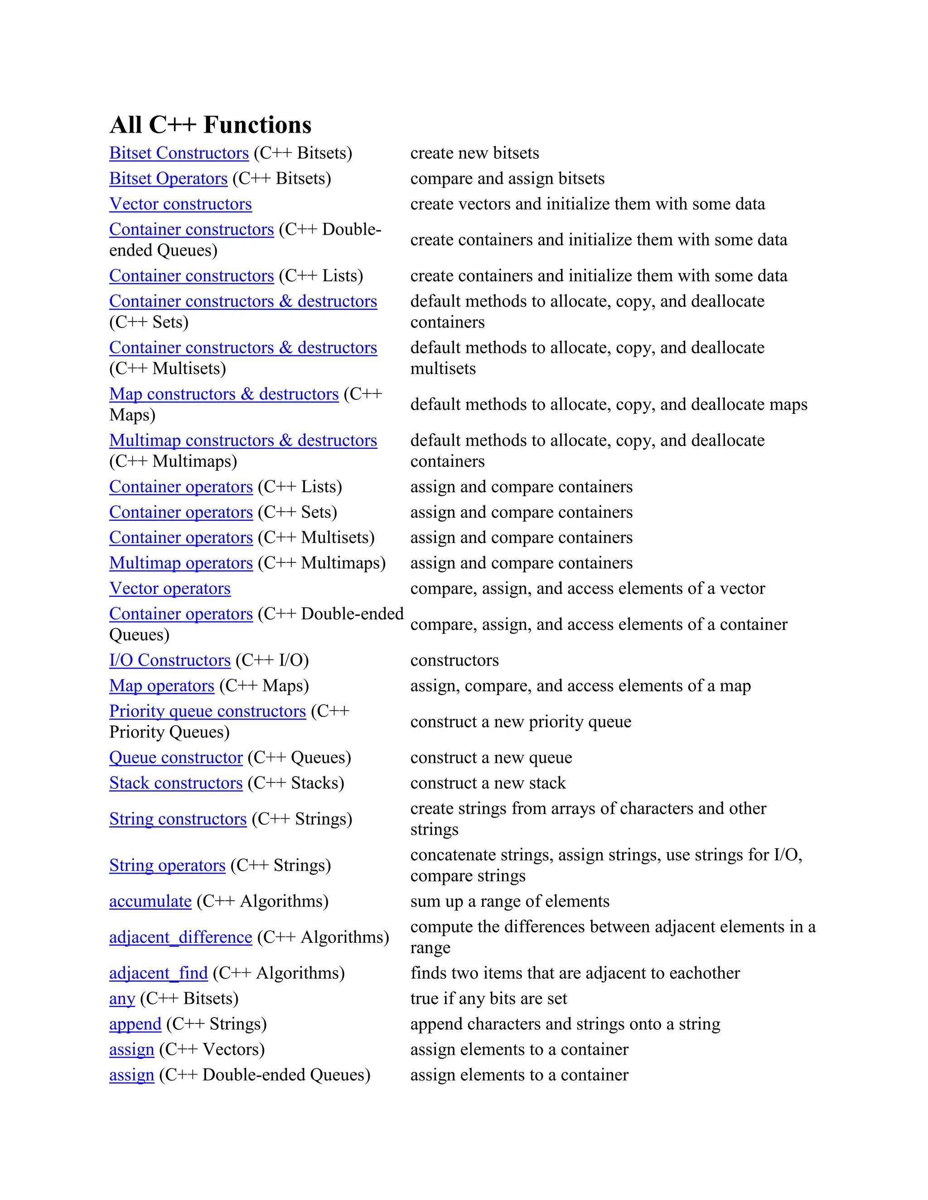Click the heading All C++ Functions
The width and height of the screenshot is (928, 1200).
click(211, 125)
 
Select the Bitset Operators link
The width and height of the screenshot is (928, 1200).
click(168, 178)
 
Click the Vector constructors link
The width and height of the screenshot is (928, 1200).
click(180, 204)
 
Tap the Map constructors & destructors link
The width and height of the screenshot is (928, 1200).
click(224, 394)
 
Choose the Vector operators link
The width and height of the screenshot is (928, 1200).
click(170, 589)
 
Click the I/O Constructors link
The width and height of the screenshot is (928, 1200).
click(170, 660)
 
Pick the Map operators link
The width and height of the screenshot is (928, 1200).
click(162, 686)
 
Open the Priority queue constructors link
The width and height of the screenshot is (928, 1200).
click(207, 711)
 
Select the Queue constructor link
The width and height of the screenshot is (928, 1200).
click(176, 758)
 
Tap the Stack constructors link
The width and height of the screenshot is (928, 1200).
click(176, 783)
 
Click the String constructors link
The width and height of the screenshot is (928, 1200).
click(178, 819)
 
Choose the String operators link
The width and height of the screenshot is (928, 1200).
click(167, 865)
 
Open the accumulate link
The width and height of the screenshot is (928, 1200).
click(150, 901)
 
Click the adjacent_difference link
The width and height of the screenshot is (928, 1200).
click(180, 937)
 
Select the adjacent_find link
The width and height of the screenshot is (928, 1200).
click(158, 973)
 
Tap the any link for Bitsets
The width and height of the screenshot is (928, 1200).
click(122, 998)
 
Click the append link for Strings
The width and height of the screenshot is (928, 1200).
click(135, 1024)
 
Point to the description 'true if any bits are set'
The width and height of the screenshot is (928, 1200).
click(488, 998)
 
